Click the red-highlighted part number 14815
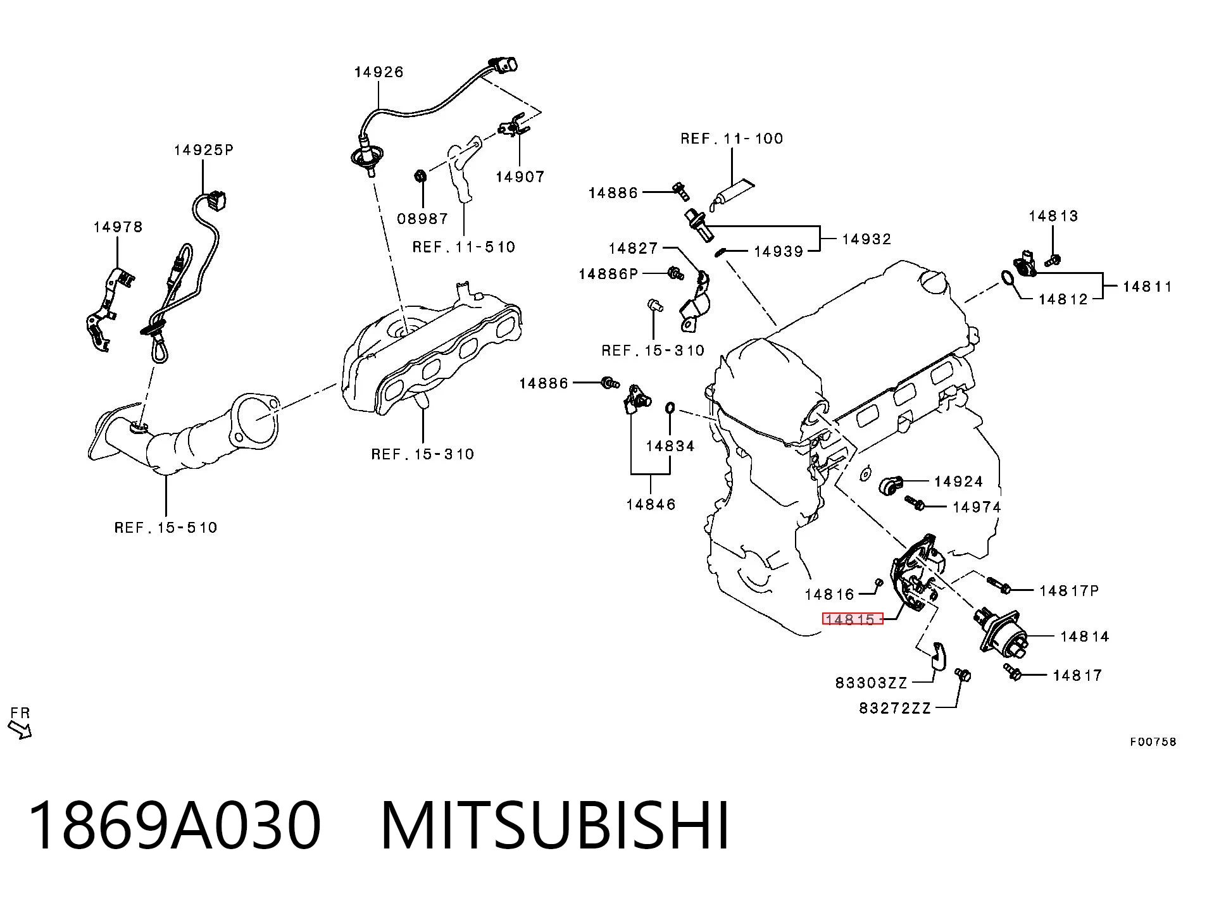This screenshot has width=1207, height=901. point(852,619)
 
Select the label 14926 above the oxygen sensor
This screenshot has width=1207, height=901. point(378,72)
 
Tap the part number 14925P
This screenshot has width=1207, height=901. point(204,150)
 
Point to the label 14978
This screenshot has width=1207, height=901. point(118,227)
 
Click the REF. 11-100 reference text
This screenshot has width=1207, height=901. point(732,139)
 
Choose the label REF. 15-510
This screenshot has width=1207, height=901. point(166,527)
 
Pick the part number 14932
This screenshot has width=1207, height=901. point(866,239)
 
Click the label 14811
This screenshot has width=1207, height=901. point(1148,287)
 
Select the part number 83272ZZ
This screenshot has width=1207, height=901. point(895,708)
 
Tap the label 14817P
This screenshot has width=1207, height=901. point(1069,590)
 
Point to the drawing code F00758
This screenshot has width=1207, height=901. point(1153,742)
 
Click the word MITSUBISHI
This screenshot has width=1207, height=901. point(555,826)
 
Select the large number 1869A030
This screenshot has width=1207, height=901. point(175,826)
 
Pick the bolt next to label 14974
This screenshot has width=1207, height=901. point(915,504)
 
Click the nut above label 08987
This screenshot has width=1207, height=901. point(418,175)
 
